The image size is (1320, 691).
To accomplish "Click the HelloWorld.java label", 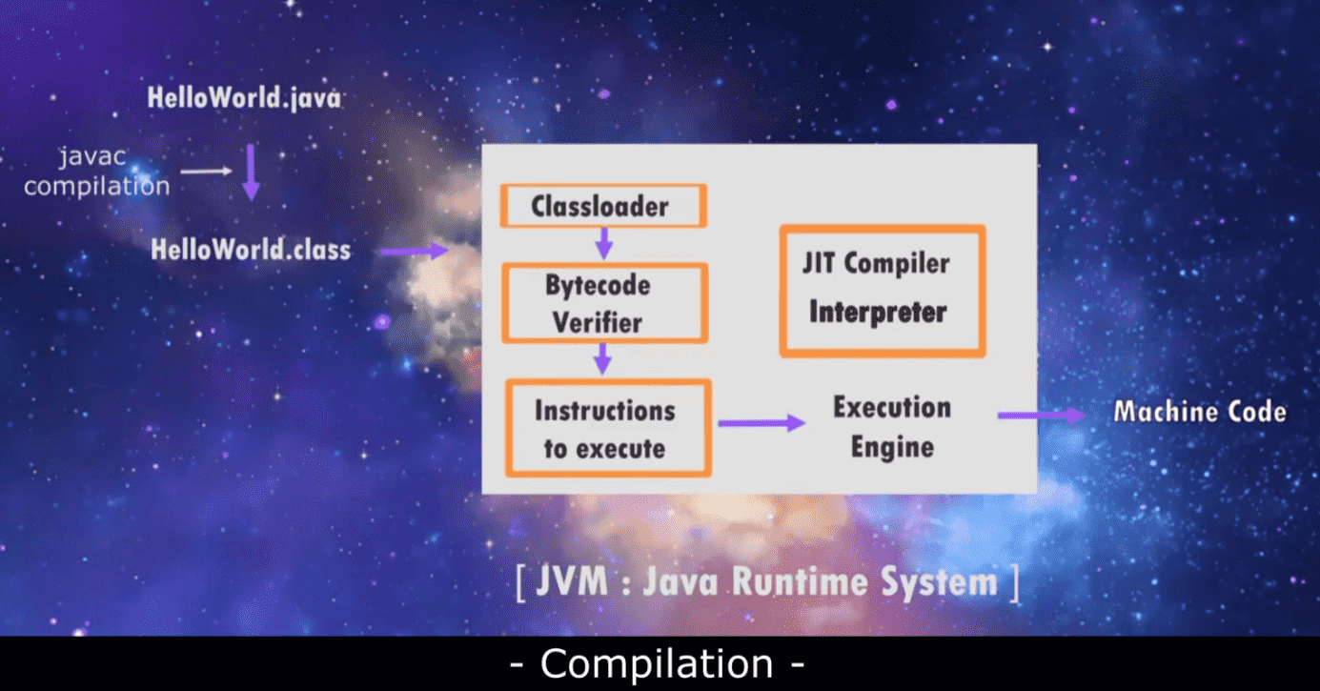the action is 244,98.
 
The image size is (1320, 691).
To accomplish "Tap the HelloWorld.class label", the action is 251,250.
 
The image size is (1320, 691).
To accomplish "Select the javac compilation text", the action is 96,172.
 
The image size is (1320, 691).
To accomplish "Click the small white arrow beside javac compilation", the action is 206,172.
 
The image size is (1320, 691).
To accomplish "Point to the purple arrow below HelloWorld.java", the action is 252,172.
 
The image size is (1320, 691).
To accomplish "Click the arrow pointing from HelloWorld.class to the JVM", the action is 415,251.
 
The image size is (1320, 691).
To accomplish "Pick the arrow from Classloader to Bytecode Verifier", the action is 604,243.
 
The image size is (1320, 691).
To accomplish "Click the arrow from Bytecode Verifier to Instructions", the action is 602,358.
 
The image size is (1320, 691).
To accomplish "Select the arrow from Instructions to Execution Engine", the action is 762,422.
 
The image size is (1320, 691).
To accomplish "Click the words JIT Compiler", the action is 876,263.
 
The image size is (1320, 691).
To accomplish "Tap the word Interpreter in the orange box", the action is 878,313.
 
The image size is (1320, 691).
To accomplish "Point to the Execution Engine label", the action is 892,427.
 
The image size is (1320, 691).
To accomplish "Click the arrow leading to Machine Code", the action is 1042,416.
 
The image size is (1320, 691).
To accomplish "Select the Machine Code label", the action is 1200,412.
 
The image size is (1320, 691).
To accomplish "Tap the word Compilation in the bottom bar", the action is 657,664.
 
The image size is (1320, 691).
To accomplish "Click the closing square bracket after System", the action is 1015,583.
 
